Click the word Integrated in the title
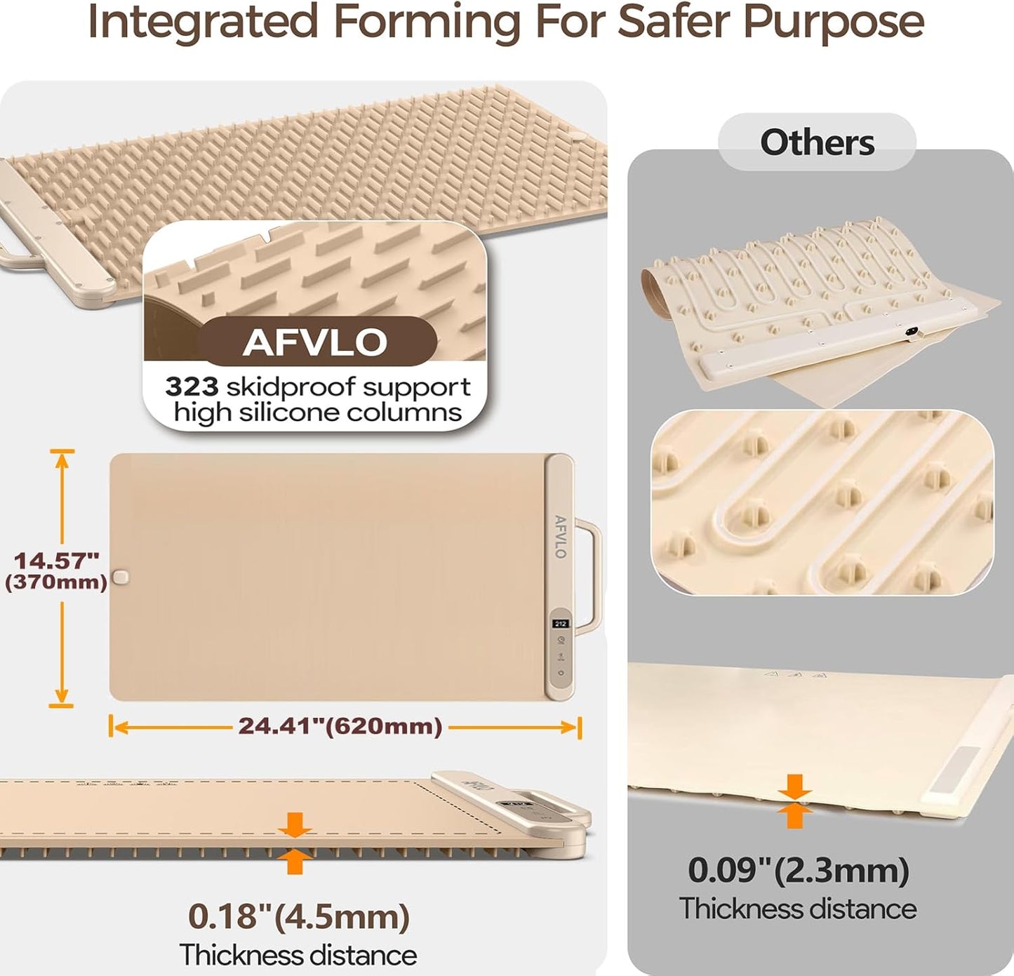click(203, 22)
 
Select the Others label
click(817, 142)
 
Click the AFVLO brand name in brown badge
click(314, 342)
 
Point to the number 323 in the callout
click(192, 387)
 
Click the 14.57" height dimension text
click(56, 561)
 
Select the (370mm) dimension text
click(56, 582)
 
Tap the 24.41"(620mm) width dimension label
click(340, 726)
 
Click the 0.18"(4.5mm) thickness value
click(298, 916)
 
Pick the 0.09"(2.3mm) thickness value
click(798, 871)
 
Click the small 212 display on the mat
click(560, 623)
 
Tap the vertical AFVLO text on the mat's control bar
click(560, 537)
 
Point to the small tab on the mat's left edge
click(121, 577)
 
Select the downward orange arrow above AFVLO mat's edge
click(295, 824)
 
